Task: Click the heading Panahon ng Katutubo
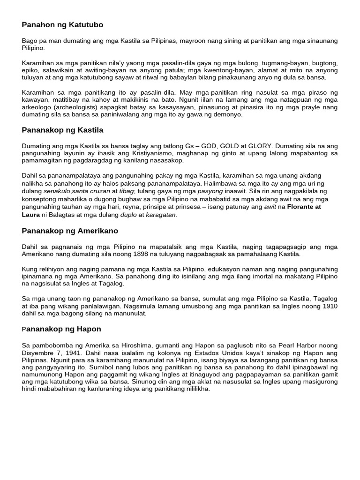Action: [62, 24]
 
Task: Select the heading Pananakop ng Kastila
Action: [62, 130]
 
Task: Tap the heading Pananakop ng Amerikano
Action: [70, 231]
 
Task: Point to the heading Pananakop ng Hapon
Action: [61, 329]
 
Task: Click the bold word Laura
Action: [32, 215]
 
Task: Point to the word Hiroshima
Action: [133, 345]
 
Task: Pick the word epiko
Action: [30, 70]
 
